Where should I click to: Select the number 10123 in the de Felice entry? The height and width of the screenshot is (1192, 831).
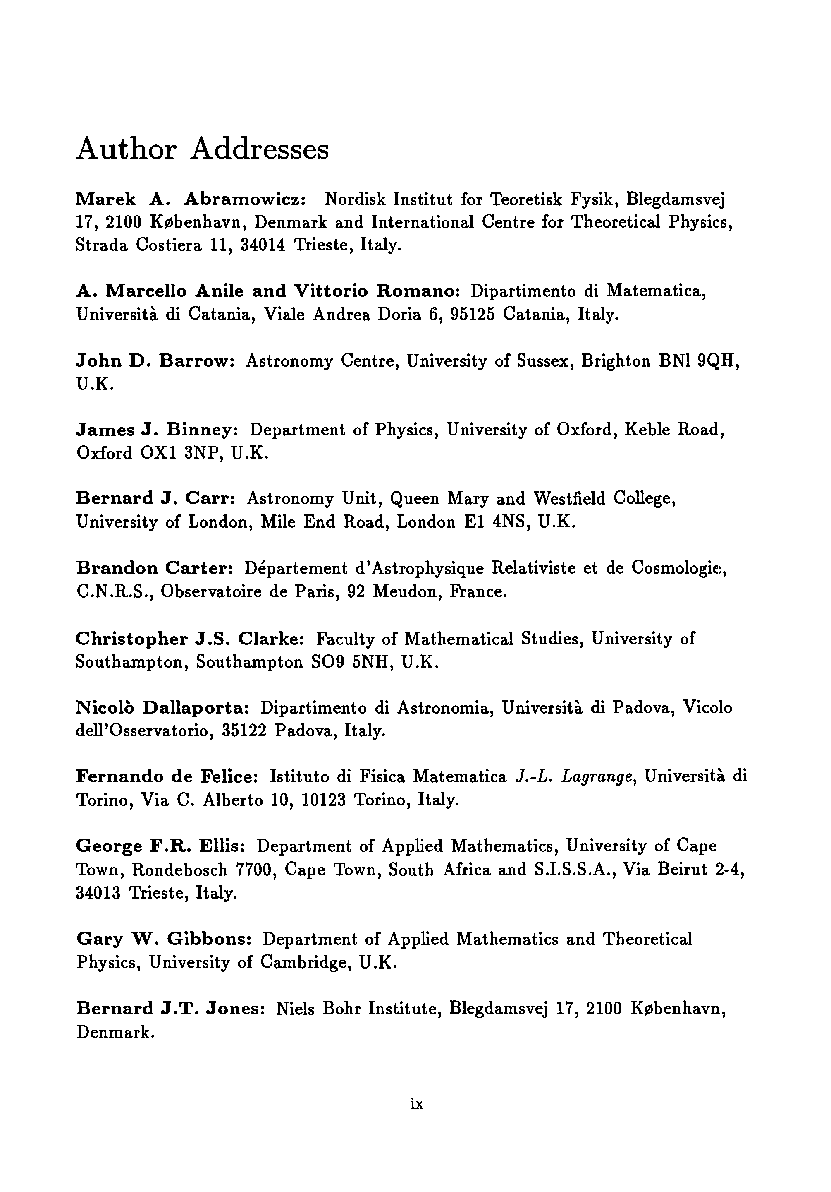tap(323, 800)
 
